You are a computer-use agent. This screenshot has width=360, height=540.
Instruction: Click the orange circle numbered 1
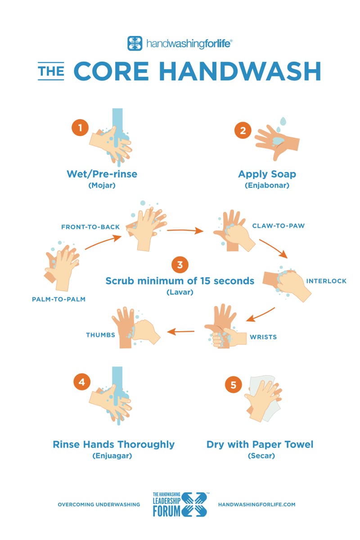[80, 128]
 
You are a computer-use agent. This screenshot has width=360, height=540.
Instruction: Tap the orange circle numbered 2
[243, 130]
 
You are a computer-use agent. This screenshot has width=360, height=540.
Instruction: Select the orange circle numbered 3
[180, 265]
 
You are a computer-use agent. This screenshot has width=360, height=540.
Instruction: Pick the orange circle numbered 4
[81, 382]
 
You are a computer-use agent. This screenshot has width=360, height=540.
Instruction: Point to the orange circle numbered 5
[233, 385]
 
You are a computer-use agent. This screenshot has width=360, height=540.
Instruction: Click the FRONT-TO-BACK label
[90, 227]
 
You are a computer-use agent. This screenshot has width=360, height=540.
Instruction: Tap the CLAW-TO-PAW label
[278, 225]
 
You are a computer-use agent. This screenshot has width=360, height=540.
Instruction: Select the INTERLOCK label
[326, 281]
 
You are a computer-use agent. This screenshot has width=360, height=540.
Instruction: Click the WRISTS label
[263, 336]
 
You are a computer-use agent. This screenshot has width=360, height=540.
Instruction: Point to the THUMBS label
[100, 335]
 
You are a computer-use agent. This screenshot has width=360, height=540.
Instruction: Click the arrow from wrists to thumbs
[181, 332]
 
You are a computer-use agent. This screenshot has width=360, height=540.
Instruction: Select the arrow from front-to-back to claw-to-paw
[184, 231]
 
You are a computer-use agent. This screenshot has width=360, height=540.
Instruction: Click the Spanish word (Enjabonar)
[267, 185]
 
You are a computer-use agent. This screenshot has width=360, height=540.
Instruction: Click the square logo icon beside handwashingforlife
[135, 44]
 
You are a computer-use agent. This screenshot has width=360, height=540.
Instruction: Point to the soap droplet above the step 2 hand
[283, 121]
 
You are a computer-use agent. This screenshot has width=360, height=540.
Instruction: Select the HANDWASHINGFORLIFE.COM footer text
[256, 504]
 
